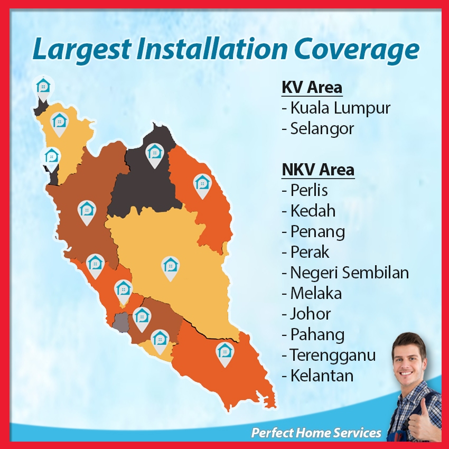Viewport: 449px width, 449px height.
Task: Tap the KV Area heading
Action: [x=312, y=87]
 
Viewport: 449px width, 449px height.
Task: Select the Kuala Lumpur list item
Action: [x=336, y=108]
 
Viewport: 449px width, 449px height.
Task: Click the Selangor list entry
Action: [x=318, y=128]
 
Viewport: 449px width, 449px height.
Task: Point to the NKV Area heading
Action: [x=318, y=170]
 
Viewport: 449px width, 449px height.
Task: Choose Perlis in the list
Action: [x=305, y=190]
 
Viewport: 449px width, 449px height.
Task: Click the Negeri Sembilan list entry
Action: [x=345, y=273]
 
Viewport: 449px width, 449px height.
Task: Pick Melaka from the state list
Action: [x=312, y=293]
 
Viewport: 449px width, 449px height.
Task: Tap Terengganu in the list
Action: [x=329, y=356]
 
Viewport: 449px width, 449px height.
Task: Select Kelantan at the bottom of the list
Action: [x=317, y=376]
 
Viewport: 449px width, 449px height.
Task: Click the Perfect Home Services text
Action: [x=316, y=433]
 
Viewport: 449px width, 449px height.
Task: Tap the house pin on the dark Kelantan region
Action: [x=155, y=155]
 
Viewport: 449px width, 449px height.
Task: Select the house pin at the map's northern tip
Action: [x=43, y=89]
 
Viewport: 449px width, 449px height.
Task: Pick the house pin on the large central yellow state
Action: [x=171, y=268]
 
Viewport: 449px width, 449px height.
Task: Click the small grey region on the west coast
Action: [x=120, y=322]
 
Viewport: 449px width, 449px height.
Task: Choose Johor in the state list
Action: [x=306, y=314]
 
